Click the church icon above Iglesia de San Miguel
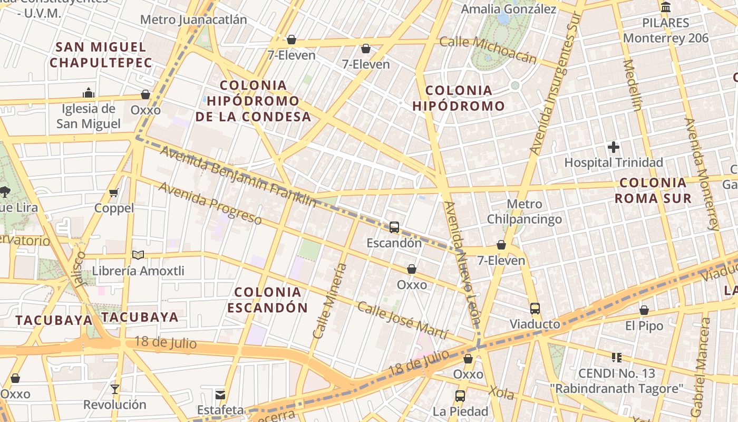[89, 93]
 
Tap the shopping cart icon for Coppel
[113, 193]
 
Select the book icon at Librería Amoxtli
[138, 255]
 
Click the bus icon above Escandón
[394, 227]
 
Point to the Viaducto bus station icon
[535, 309]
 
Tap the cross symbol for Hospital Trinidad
[614, 147]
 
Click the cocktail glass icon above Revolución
[115, 389]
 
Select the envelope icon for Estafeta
[220, 395]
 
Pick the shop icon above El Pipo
[644, 310]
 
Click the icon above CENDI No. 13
[617, 358]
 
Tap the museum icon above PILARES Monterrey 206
[666, 7]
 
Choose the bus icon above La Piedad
[460, 396]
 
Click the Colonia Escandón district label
[268, 300]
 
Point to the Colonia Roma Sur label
[653, 190]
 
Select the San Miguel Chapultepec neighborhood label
[101, 54]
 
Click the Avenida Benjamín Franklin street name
[238, 176]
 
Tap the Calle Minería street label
[330, 301]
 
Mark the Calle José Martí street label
[403, 321]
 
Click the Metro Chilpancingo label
[524, 212]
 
